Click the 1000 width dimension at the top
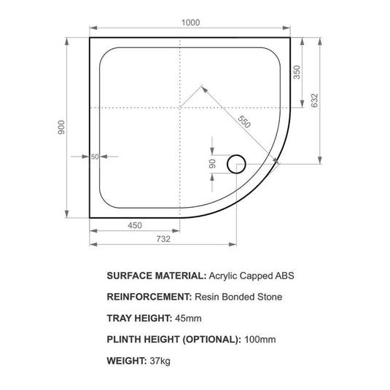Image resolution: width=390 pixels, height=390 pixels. click(190, 23)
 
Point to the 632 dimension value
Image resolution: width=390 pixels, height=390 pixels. click(315, 101)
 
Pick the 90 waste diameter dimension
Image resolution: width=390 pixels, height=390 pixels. click(212, 164)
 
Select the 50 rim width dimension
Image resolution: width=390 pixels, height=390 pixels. click(95, 157)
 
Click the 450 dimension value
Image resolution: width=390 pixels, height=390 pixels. click(135, 226)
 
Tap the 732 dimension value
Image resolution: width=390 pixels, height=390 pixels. click(163, 238)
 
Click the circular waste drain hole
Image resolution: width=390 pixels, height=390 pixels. click(236, 164)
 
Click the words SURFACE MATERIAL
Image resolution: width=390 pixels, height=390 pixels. click(156, 276)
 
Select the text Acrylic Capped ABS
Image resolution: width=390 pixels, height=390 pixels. click(252, 276)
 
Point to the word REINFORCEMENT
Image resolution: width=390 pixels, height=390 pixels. click(148, 297)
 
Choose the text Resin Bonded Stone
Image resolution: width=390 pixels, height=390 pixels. click(238, 297)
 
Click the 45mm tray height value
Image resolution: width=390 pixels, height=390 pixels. click(187, 318)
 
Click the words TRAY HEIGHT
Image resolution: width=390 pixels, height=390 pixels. click(139, 318)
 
